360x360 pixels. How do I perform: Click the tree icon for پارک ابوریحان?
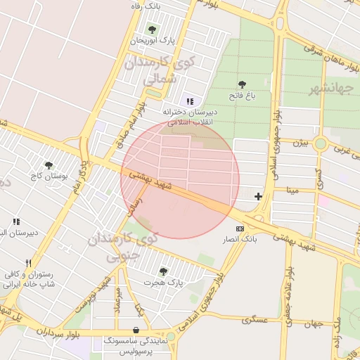tap(152, 30)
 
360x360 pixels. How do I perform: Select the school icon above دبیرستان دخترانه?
tap(190, 101)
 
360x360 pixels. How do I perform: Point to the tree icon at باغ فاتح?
tap(243, 84)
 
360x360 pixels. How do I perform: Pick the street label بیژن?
tap(300, 143)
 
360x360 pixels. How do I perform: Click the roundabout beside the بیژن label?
tap(321, 143)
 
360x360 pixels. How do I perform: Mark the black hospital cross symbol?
tap(259, 196)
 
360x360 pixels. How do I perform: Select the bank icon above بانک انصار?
tap(240, 229)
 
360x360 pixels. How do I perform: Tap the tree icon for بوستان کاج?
tap(49, 166)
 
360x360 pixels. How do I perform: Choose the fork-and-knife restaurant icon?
tap(28, 263)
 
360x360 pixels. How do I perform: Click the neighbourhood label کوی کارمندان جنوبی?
tap(123, 248)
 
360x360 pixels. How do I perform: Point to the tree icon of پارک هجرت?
tap(163, 271)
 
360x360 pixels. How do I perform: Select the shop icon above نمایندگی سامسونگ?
tap(135, 330)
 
